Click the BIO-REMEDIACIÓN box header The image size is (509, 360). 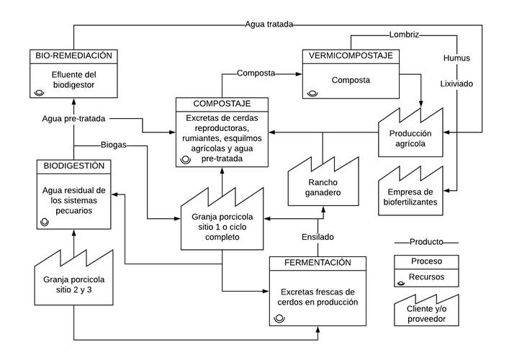coord(73,55)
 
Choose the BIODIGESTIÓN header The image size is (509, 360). coord(74,166)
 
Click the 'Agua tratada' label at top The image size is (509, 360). coord(269,24)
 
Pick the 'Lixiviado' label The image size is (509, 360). coord(456,84)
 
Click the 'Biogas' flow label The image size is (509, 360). coord(114,145)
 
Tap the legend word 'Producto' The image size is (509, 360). coord(426,242)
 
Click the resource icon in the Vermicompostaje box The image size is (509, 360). coord(312,92)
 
